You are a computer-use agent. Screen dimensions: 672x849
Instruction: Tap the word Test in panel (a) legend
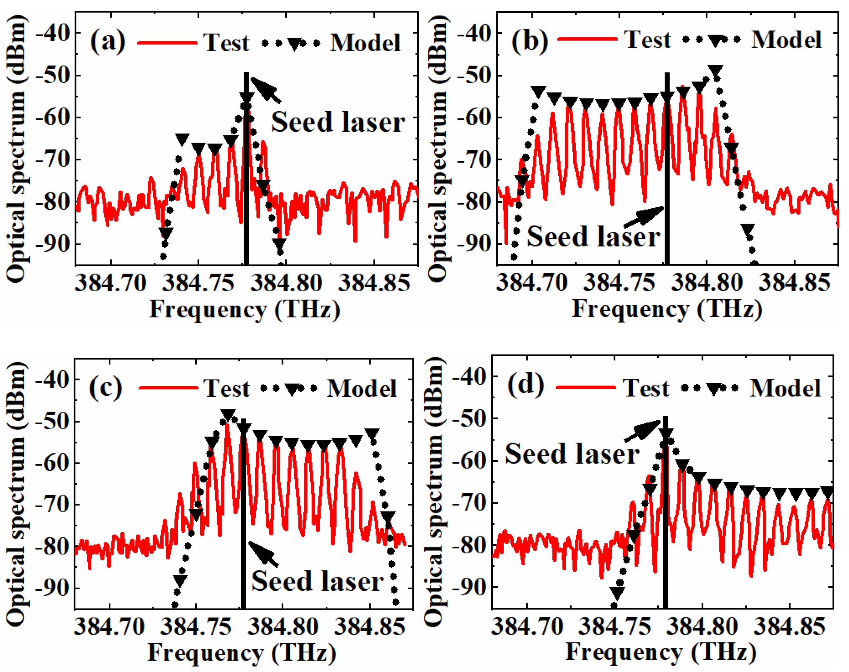(227, 42)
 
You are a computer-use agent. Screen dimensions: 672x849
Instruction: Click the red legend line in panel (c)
(168, 388)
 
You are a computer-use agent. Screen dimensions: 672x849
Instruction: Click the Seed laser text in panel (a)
(338, 122)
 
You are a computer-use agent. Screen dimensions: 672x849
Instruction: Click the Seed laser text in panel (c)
(317, 581)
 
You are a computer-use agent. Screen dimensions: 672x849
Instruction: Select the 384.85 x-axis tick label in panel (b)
(795, 282)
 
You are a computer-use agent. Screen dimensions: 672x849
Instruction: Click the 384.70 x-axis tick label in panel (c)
(110, 626)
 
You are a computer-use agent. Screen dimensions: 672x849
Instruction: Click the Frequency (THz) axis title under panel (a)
(245, 310)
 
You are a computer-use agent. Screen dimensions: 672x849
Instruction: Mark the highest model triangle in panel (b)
(716, 71)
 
